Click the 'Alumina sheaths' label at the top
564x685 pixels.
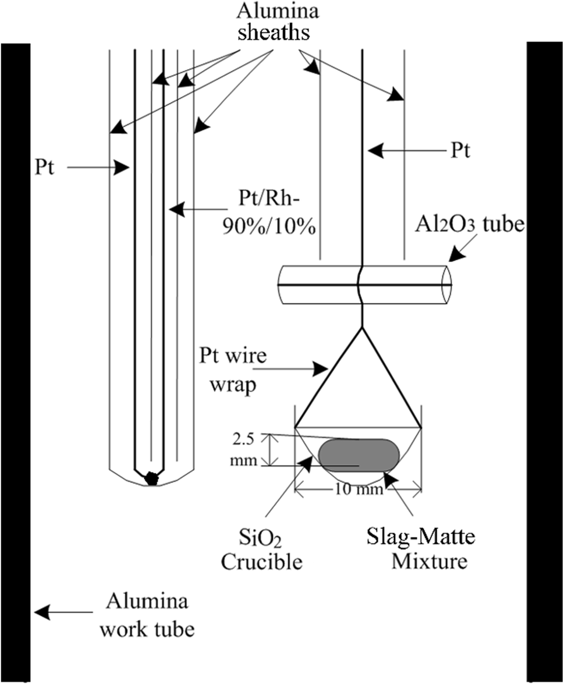pyautogui.click(x=274, y=23)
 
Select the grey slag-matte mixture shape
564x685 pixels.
pyautogui.click(x=358, y=455)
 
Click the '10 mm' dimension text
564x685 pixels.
pyautogui.click(x=359, y=490)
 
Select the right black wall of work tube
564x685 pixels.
pyautogui.click(x=545, y=361)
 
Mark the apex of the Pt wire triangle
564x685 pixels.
pyautogui.click(x=363, y=328)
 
